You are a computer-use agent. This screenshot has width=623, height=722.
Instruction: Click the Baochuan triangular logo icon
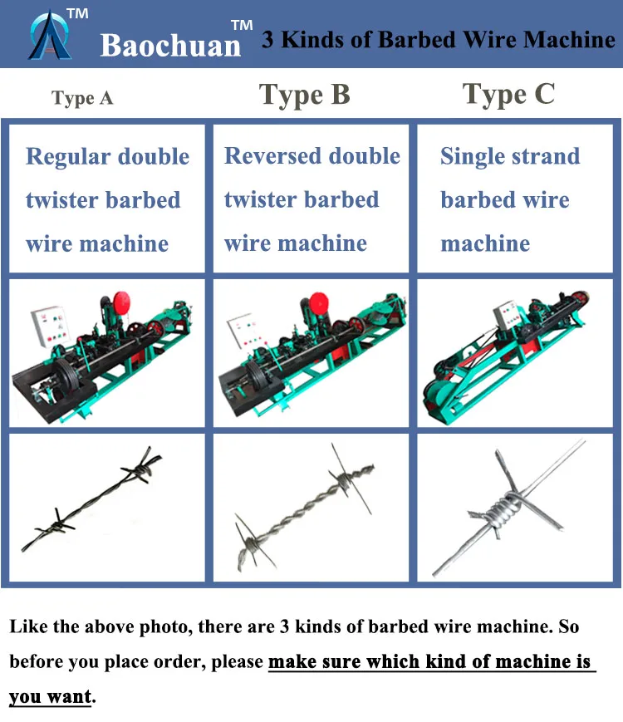[x=50, y=36]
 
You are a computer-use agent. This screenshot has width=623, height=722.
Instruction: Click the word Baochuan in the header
[x=170, y=45]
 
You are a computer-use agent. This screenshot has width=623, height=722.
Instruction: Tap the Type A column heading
[x=82, y=98]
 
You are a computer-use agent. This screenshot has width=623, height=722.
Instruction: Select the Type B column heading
[x=304, y=95]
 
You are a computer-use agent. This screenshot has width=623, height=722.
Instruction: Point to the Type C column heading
[x=508, y=95]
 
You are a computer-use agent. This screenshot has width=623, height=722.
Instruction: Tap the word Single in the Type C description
[x=473, y=157]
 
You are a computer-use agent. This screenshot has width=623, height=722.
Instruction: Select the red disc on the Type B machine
[x=319, y=305]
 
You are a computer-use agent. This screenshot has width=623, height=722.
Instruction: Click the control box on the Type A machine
[x=50, y=326]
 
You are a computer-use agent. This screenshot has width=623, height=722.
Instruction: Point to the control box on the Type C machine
[x=509, y=316]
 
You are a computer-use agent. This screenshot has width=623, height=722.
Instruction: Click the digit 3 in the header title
[x=268, y=40]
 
